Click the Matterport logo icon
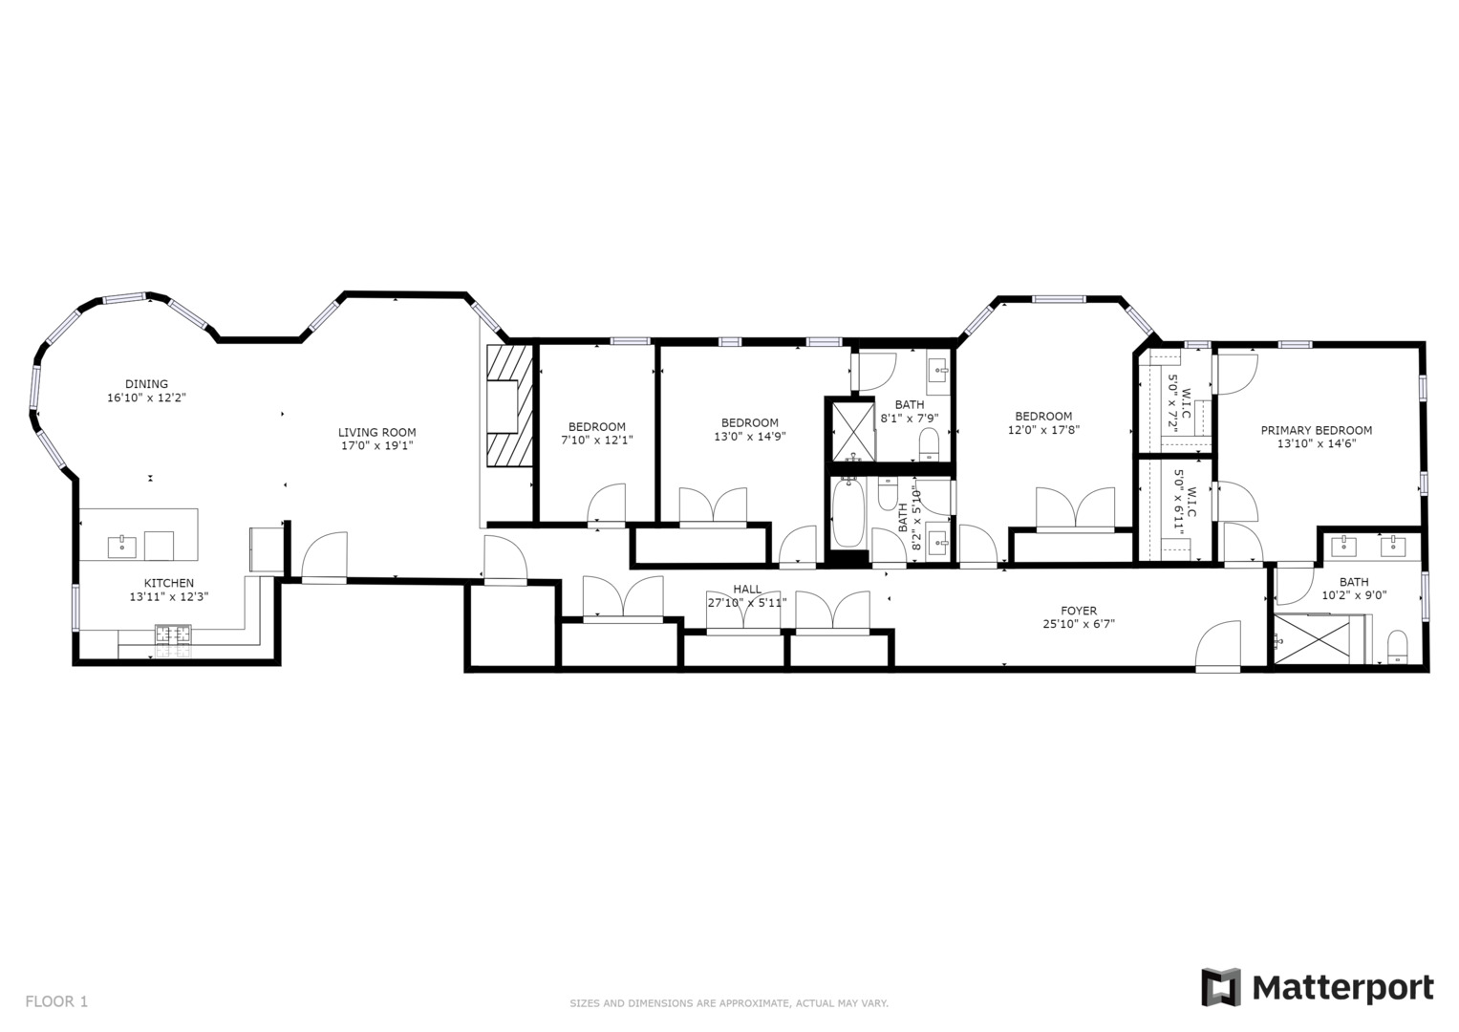pyautogui.click(x=1220, y=987)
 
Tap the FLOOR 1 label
pyautogui.click(x=56, y=1001)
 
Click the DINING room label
pyautogui.click(x=146, y=384)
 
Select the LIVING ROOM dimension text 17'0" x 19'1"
pyautogui.click(x=377, y=445)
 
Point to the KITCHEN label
pyautogui.click(x=169, y=583)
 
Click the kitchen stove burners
pyautogui.click(x=173, y=633)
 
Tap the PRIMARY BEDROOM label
pyautogui.click(x=1316, y=430)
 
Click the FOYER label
pyautogui.click(x=1079, y=611)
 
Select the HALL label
pyautogui.click(x=747, y=589)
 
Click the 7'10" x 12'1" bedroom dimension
pyautogui.click(x=597, y=441)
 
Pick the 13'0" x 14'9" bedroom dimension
pyautogui.click(x=750, y=436)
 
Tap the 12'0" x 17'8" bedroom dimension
pyautogui.click(x=1043, y=430)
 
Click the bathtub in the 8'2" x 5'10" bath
pyautogui.click(x=848, y=513)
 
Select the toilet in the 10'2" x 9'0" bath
pyautogui.click(x=1397, y=645)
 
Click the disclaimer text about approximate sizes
pyautogui.click(x=729, y=1003)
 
